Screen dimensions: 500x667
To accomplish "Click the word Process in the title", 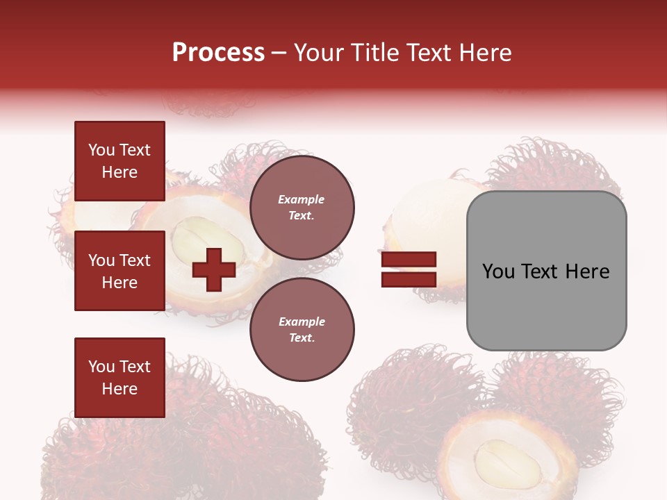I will coord(218,53).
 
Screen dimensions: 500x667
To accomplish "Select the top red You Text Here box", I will coord(120,161).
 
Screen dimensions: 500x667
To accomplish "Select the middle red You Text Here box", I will coord(120,271).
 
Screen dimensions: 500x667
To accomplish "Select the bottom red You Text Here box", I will coord(120,377).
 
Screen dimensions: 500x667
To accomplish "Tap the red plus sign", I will coord(214,269).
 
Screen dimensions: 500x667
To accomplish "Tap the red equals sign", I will coord(409,269).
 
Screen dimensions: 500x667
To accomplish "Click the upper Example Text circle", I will coord(302,207).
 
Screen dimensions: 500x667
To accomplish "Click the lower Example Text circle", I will coord(302,329).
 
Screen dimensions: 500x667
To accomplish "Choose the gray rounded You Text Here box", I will coord(546,271).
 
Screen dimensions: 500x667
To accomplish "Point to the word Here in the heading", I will coord(486,53).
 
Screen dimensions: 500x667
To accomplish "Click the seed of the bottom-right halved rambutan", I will coord(507,462).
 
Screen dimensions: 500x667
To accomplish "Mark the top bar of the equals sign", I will coord(409,259).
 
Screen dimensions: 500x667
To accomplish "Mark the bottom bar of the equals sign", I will coord(409,279).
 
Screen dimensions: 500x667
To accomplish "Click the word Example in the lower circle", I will coord(302,322).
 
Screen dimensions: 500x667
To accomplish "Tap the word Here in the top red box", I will coord(120,172).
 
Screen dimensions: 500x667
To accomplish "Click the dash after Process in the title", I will coord(279,53).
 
